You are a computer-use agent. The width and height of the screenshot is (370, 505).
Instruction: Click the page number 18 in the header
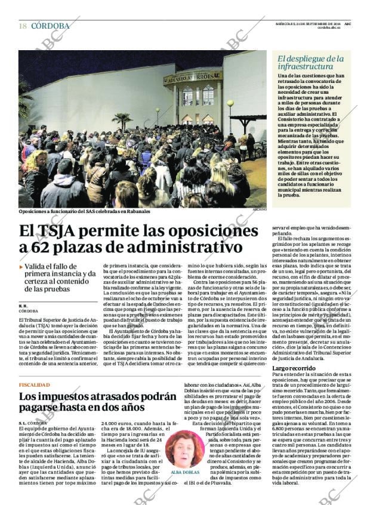(x=23, y=26)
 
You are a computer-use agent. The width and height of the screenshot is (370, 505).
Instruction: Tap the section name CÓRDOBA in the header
(x=51, y=26)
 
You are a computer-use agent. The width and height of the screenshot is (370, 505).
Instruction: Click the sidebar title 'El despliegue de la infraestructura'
(x=311, y=63)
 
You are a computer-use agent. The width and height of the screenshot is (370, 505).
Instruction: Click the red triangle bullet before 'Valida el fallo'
(x=21, y=267)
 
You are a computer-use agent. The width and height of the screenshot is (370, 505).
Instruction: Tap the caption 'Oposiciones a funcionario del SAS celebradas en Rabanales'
(x=84, y=211)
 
